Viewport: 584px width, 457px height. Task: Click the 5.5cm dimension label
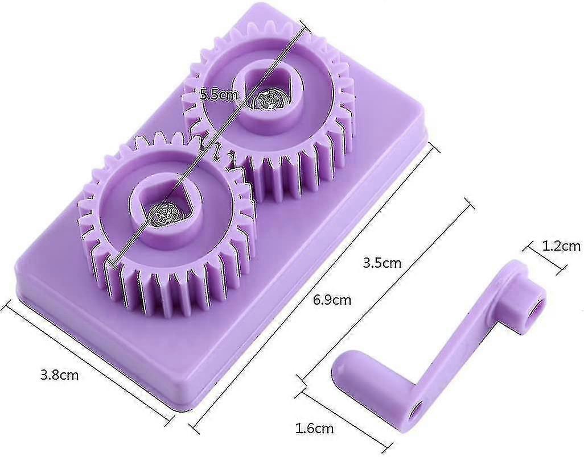[219, 95]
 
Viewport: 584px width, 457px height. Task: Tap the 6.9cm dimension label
[332, 300]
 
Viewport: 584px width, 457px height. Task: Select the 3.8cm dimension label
[60, 375]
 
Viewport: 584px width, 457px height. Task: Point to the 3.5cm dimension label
[382, 263]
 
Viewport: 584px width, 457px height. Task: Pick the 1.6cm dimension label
[314, 429]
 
